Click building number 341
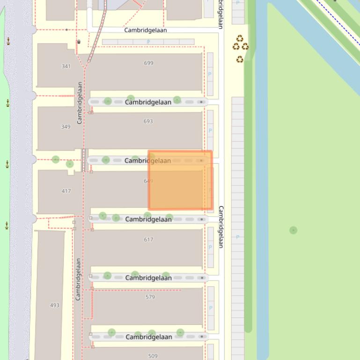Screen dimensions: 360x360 coord(66,66)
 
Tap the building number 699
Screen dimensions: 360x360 coord(149,63)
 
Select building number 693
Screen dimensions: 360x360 coord(148,121)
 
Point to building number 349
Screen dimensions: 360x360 coord(66,127)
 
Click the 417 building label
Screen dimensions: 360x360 coord(66,191)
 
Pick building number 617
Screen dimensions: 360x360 coord(149,239)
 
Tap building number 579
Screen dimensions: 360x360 coord(150,297)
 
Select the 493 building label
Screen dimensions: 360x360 coord(55,305)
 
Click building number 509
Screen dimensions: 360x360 coord(153,356)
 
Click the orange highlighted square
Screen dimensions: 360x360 coord(180,180)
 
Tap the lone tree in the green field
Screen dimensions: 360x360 coord(293,230)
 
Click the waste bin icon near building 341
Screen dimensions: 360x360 coord(79,42)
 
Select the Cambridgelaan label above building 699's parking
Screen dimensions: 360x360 coord(145,30)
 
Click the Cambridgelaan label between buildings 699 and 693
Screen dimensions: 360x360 coord(148,102)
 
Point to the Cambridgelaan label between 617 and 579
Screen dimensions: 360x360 coord(148,278)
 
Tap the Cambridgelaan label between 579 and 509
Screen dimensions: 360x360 coord(149,337)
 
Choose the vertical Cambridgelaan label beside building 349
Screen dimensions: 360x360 coord(80,103)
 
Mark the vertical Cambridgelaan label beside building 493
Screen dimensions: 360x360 coord(78,279)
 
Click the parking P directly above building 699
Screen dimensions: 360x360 coord(148,42)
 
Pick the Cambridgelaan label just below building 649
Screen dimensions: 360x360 coord(148,219)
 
